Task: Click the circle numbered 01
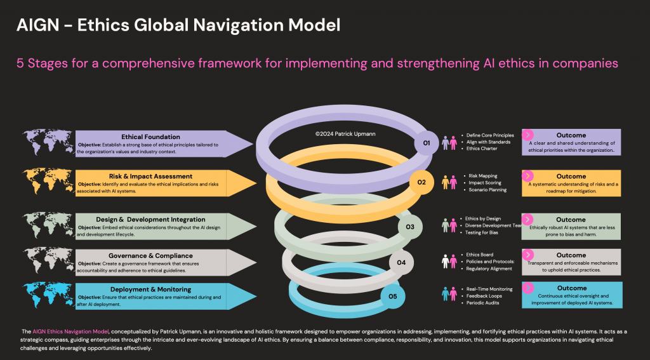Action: coord(426,143)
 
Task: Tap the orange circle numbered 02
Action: coord(421,182)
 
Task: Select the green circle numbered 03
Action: coord(409,227)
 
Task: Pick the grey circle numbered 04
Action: coord(401,262)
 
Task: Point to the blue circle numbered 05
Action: coord(392,296)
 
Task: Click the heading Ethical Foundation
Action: coord(150,137)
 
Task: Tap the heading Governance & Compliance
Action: coord(150,256)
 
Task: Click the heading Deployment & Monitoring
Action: coord(150,290)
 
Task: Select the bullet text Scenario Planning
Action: coord(487,189)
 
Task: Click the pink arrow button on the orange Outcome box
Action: coord(527,175)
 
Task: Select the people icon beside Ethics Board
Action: coord(449,262)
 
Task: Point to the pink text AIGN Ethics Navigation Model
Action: coord(71,332)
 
